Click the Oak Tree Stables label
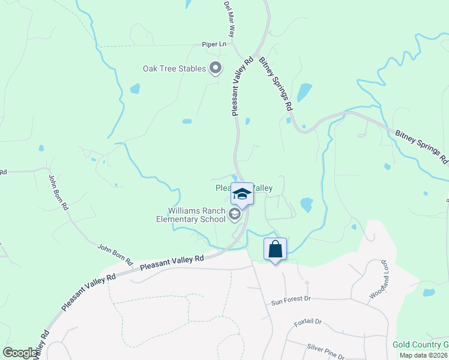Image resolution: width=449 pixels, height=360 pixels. click(174, 69)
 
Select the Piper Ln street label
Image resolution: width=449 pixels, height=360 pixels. click(214, 45)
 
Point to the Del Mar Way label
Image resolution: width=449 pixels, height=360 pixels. click(229, 20)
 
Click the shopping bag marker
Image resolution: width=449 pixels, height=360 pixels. click(275, 249)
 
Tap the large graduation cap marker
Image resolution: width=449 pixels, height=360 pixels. click(242, 194)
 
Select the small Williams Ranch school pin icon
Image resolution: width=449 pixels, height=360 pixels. click(235, 214)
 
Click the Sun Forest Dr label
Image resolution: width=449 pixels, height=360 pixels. click(291, 299)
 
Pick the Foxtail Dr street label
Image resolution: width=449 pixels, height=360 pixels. click(309, 322)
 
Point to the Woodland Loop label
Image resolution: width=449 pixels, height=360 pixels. click(376, 281)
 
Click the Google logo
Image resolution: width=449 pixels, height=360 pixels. click(20, 353)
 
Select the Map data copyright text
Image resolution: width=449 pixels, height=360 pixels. click(424, 355)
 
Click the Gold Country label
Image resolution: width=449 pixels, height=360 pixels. click(420, 344)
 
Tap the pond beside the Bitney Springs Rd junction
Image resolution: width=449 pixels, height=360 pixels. click(305, 91)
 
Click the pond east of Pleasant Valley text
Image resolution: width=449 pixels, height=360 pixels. click(306, 205)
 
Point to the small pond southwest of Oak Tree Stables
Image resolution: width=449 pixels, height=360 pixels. click(135, 89)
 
